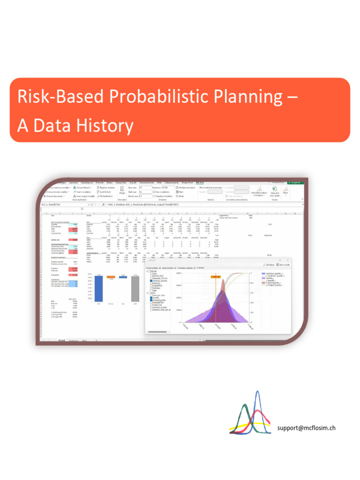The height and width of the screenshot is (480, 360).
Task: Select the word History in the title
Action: (x=104, y=125)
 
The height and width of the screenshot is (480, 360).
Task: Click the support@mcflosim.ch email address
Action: (x=307, y=427)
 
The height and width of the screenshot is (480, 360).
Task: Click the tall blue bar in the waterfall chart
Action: (x=99, y=288)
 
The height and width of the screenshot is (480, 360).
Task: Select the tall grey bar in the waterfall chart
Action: (x=135, y=289)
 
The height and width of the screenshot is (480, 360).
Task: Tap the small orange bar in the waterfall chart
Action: (x=111, y=277)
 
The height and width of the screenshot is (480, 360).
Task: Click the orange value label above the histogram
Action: (x=216, y=277)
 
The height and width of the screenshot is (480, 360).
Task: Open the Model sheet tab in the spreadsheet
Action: (x=61, y=340)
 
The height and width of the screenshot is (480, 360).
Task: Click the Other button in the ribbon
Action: (x=286, y=193)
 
